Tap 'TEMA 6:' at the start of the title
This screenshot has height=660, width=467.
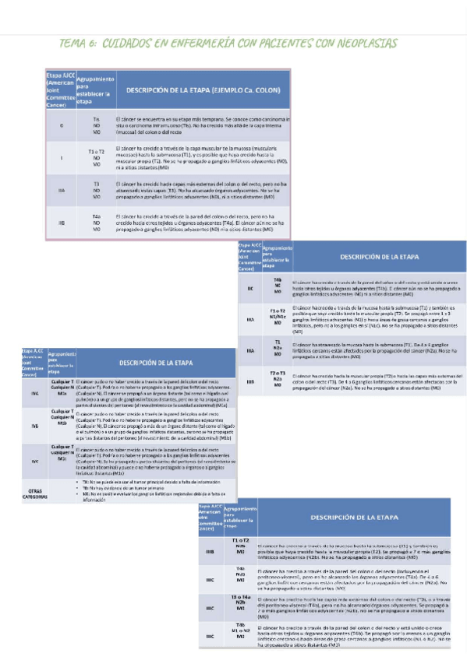tap(77, 44)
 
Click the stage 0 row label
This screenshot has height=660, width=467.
tap(61, 125)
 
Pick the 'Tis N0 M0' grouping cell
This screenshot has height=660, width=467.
tap(97, 125)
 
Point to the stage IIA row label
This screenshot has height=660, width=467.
tap(61, 189)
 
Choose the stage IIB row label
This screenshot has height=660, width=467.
tap(61, 223)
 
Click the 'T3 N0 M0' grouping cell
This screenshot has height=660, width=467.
tap(97, 189)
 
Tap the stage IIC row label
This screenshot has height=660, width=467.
tap(250, 288)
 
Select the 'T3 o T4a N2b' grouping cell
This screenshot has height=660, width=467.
tap(241, 602)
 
